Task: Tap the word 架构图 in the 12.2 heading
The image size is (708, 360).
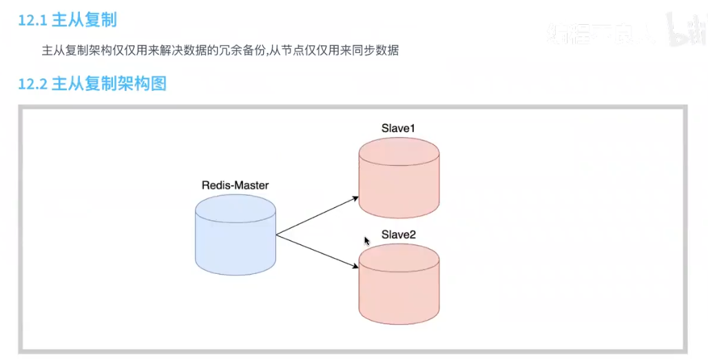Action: tap(145, 85)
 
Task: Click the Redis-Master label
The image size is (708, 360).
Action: tap(235, 185)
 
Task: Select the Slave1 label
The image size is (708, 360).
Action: tap(398, 128)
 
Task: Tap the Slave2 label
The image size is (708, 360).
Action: tap(398, 235)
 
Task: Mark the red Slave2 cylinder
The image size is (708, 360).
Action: tap(399, 289)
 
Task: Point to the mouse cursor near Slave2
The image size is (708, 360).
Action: tap(366, 240)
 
